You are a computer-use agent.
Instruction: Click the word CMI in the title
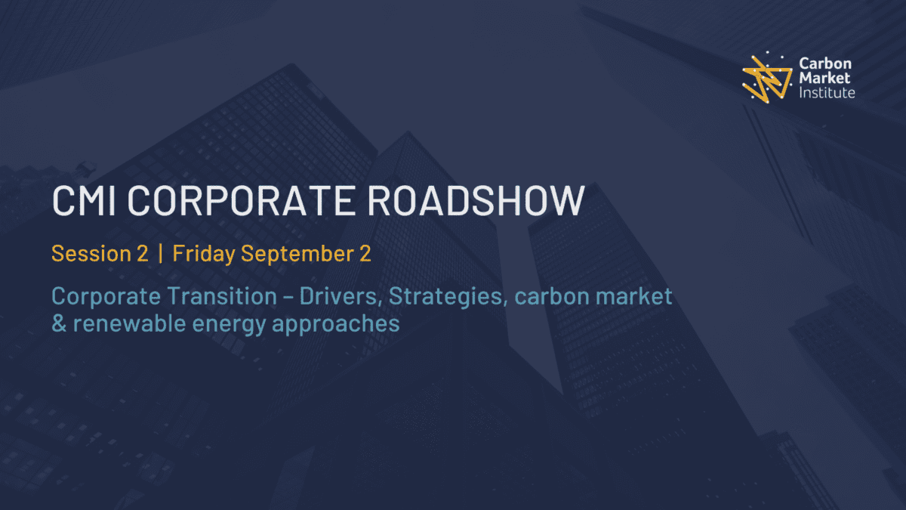[84, 200]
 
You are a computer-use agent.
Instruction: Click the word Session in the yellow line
[91, 253]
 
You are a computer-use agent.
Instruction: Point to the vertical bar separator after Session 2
[161, 253]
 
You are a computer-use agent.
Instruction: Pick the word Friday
[204, 254]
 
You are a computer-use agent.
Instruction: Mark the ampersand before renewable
[59, 323]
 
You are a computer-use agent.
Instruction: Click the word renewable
[129, 323]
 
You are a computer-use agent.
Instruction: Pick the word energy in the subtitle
[229, 326]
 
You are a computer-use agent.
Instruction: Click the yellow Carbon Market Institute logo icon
[767, 77]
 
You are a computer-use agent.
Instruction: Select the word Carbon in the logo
[825, 63]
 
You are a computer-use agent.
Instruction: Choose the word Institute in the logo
[827, 93]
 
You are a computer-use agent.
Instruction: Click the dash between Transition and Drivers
[288, 298]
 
